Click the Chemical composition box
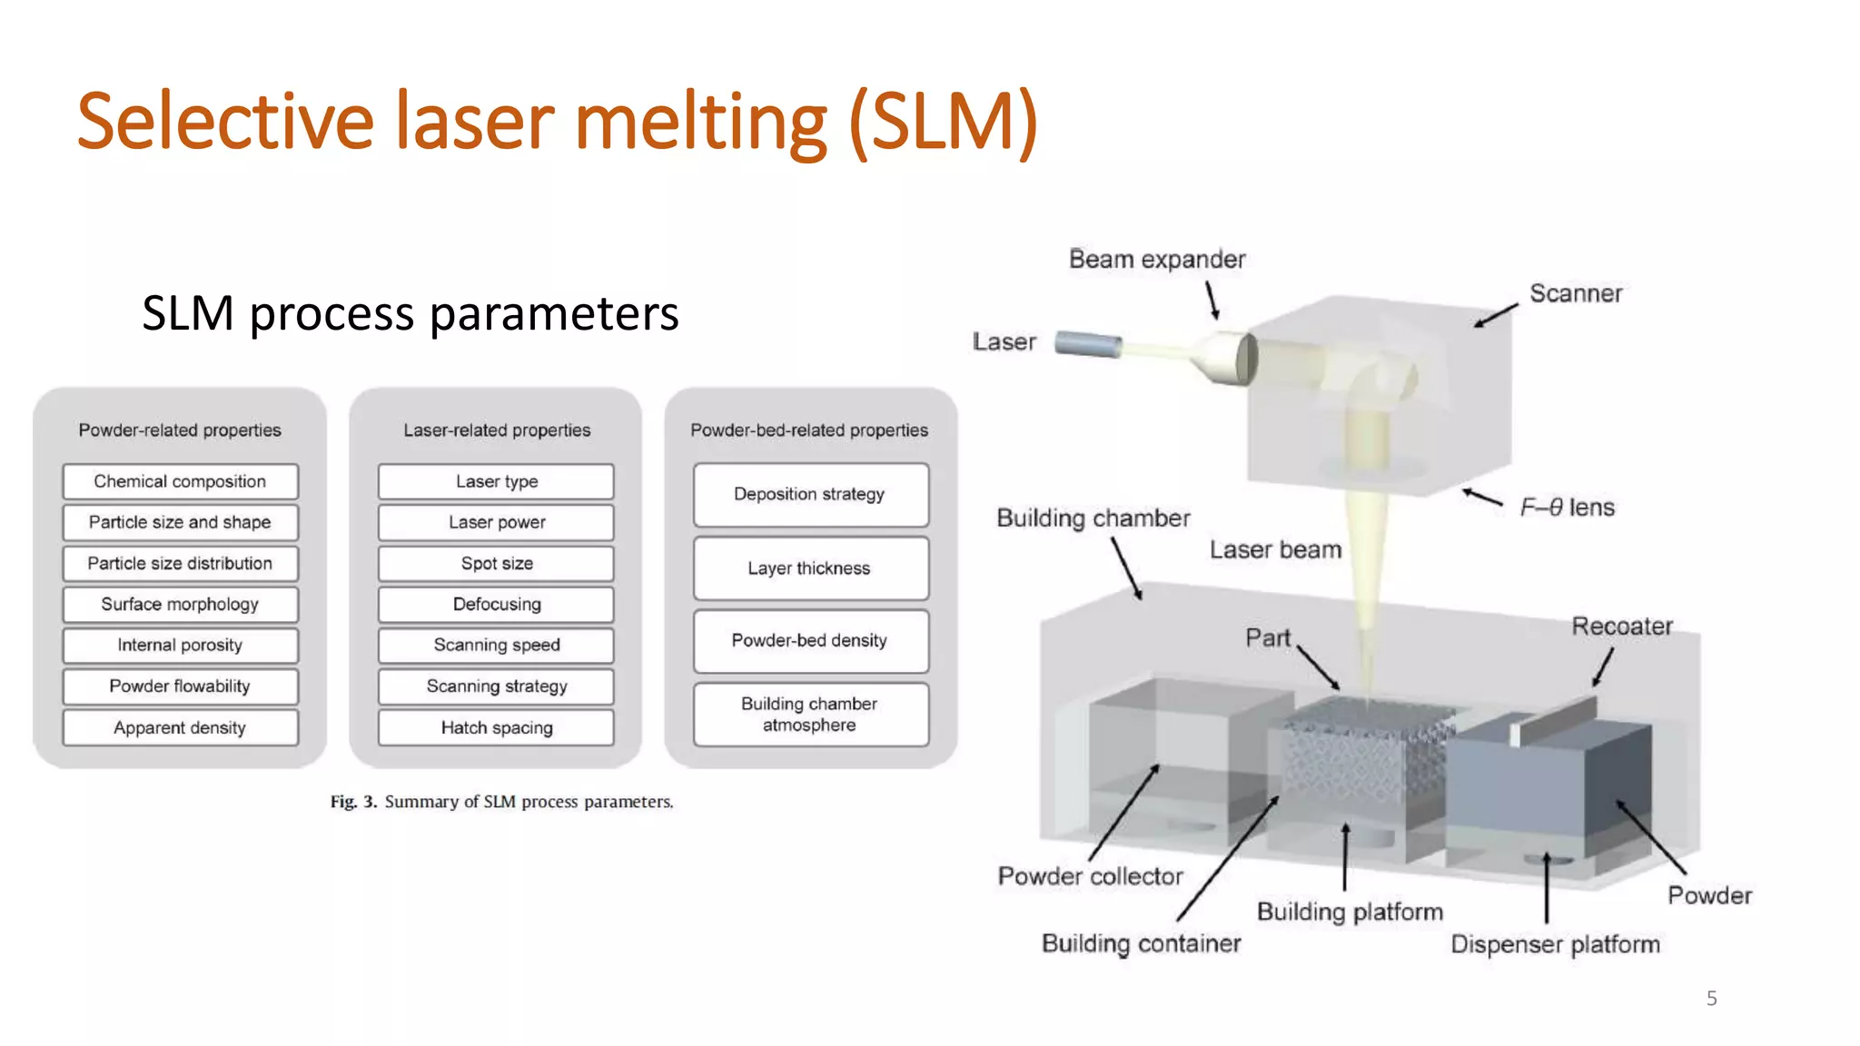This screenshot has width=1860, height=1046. tap(180, 481)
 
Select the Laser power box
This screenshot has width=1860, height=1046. tap(496, 522)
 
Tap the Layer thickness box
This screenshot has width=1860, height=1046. tap(810, 568)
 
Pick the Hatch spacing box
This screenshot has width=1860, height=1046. tap(496, 727)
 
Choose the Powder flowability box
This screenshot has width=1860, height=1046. tap(180, 686)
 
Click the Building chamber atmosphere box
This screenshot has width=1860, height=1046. tap(810, 715)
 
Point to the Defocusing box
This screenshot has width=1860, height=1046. tap(496, 605)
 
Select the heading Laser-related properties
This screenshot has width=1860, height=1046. tap(496, 430)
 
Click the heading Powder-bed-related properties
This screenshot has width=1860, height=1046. tap(808, 430)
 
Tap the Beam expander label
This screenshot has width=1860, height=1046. tap(1156, 260)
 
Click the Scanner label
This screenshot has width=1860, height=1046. tap(1575, 293)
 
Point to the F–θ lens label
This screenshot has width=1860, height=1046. tap(1567, 508)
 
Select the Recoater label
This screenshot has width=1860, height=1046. tap(1621, 627)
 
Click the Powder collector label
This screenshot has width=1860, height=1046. tap(1090, 876)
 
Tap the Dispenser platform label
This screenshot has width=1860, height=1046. tap(1555, 944)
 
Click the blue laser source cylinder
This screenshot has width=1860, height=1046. tap(1088, 344)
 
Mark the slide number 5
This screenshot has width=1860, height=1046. tap(1711, 999)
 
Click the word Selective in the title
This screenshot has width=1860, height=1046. tap(225, 122)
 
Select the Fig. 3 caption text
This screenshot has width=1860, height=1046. tap(501, 802)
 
